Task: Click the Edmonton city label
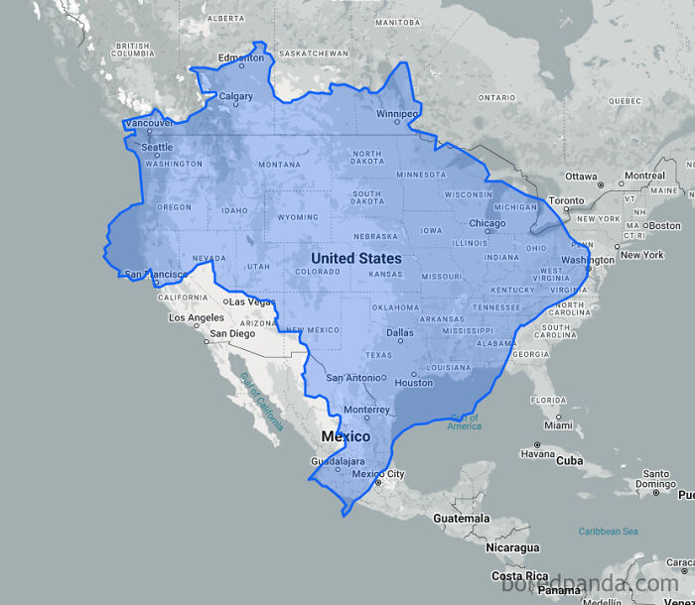(242, 58)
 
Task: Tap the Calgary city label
(235, 96)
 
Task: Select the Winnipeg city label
(396, 113)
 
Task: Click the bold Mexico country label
(345, 436)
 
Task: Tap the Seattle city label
(156, 147)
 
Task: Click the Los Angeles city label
(197, 318)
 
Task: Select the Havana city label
(537, 453)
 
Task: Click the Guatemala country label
(461, 518)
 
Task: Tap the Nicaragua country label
(512, 547)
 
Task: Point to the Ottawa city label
(581, 177)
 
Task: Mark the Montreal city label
(644, 176)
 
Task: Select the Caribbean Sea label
(608, 532)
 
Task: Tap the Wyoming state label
(298, 217)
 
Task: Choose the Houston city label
(413, 383)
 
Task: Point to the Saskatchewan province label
(314, 53)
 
